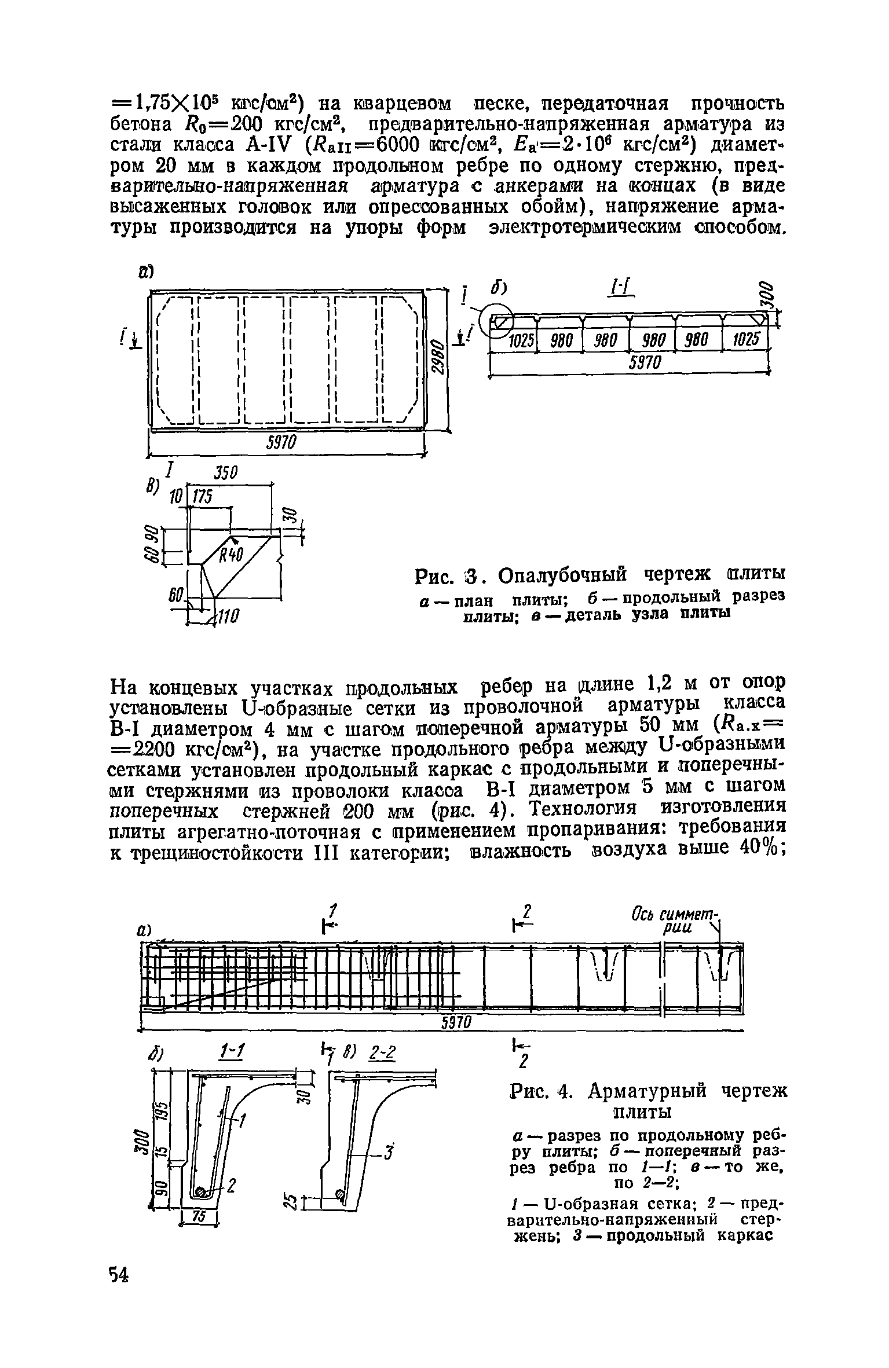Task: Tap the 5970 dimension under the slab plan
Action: [x=281, y=443]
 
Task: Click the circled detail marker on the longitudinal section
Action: [x=499, y=320]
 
